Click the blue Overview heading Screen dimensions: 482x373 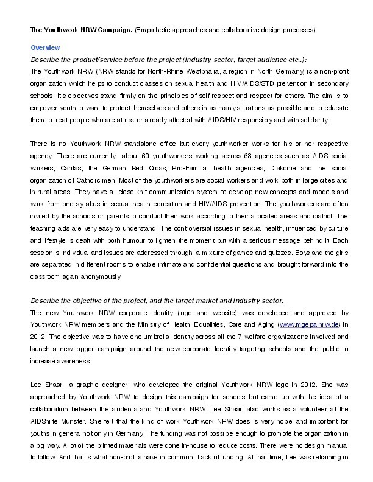pyautogui.click(x=45, y=47)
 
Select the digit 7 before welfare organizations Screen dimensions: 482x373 pyautogui.click(x=236, y=337)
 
